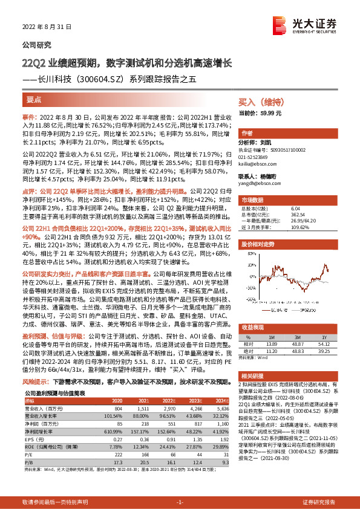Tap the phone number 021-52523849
[257, 157]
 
